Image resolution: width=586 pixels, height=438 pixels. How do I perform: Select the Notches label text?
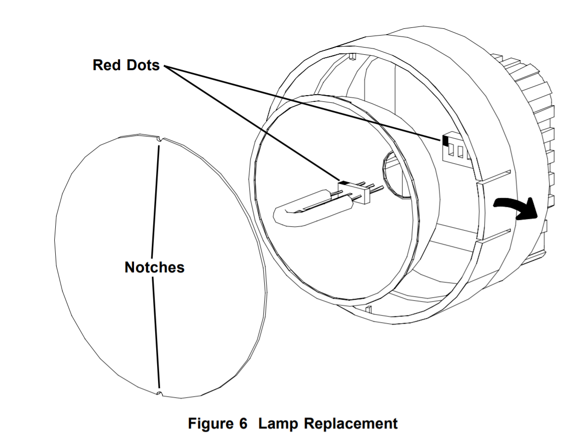pos(154,267)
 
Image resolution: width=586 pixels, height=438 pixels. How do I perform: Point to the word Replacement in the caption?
pos(351,424)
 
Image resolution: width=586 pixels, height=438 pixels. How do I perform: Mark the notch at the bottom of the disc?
pos(159,394)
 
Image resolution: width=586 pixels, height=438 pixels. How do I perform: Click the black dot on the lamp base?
pos(344,183)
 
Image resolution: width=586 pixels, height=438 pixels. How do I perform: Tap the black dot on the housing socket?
pos(445,140)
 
